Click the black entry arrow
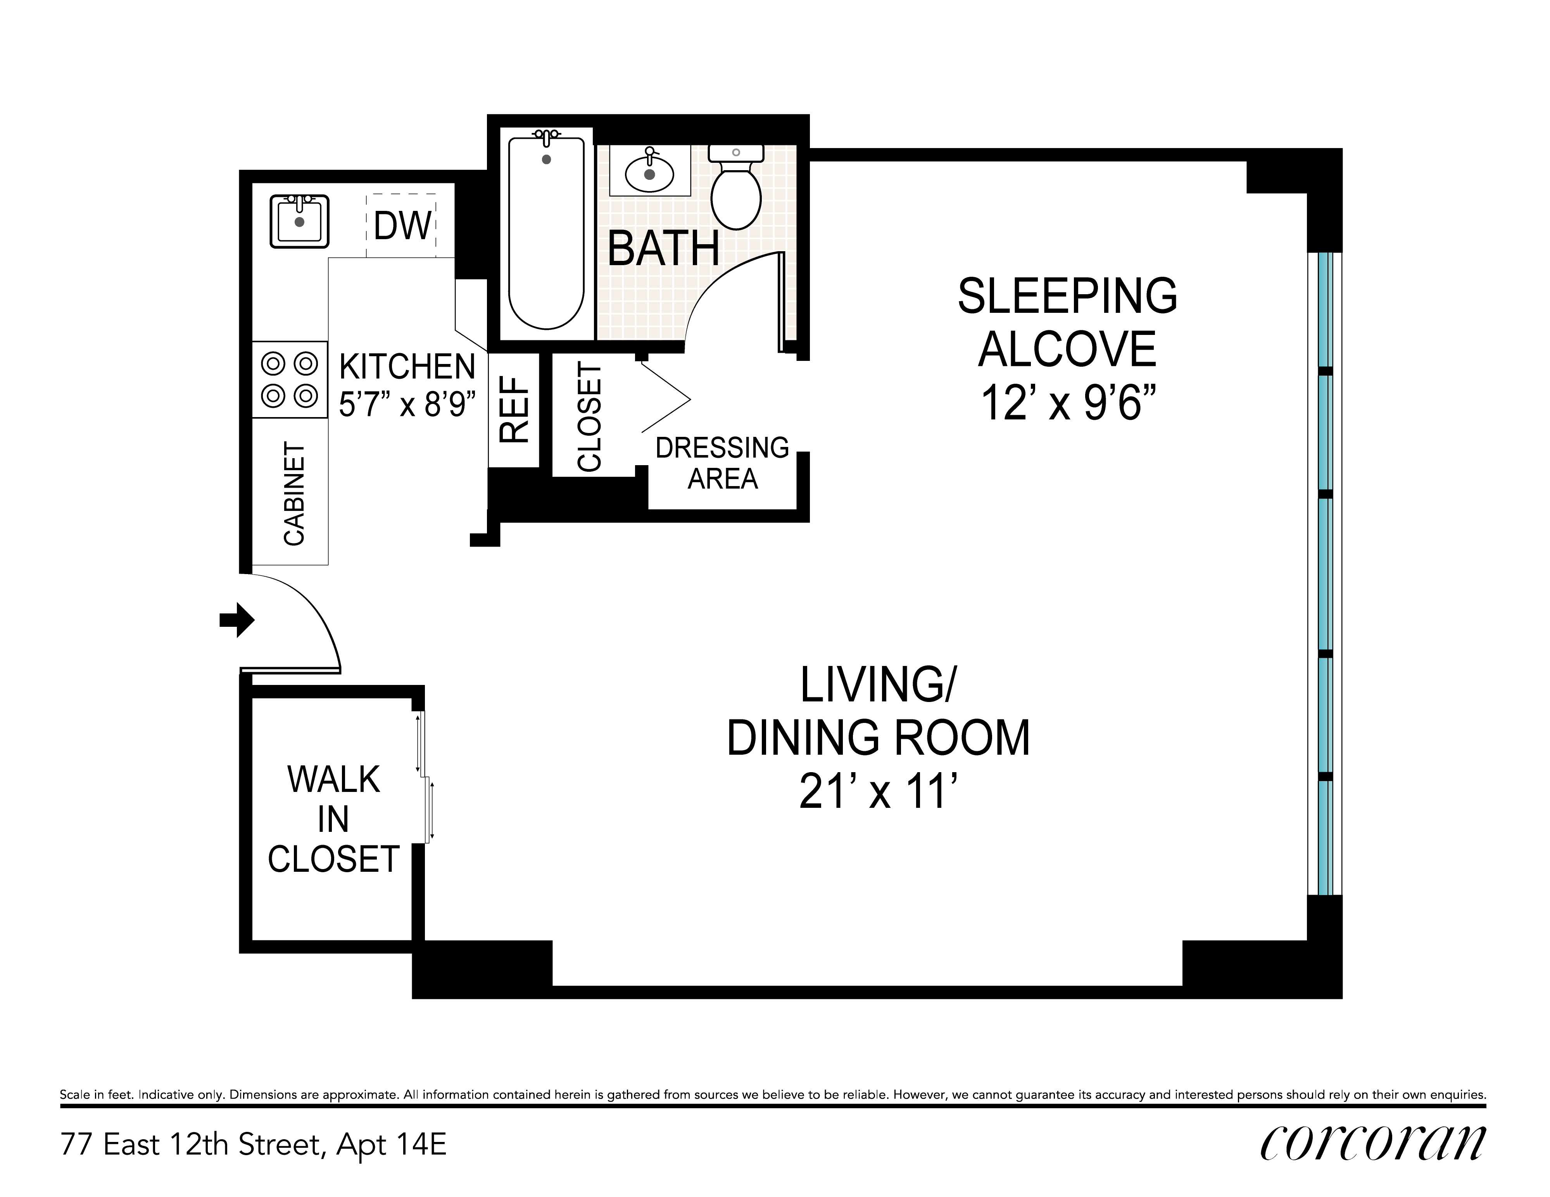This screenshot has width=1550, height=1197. [237, 620]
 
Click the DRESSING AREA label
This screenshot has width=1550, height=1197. [723, 463]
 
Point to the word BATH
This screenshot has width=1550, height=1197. [664, 248]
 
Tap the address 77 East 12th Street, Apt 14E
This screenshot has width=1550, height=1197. [254, 1144]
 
